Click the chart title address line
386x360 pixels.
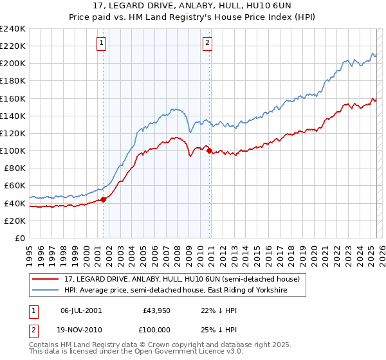coord(192,6)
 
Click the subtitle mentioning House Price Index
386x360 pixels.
coord(192,18)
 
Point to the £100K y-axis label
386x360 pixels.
coord(13,150)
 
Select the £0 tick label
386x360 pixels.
coord(19,238)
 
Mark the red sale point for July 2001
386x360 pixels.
coord(103,199)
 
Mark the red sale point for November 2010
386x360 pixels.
coord(209,150)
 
